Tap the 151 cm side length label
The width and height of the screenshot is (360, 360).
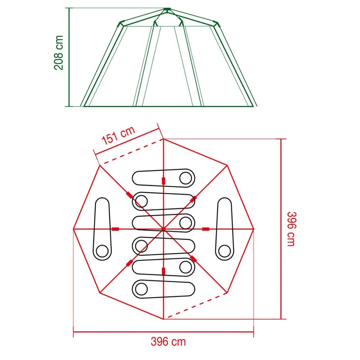coord(118,136)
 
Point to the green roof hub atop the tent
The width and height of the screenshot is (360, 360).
coord(166,9)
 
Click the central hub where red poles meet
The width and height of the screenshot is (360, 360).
coord(163,229)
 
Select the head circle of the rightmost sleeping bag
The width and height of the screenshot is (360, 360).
coord(224,249)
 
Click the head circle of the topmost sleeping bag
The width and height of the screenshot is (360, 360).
coord(186,177)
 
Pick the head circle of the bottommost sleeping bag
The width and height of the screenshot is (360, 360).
coord(141,288)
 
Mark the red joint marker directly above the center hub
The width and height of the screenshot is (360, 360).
coord(163,180)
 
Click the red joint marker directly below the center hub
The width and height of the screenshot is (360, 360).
coord(163,271)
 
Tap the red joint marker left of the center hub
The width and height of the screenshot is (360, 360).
coord(116,229)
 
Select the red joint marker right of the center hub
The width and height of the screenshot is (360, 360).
coord(206,229)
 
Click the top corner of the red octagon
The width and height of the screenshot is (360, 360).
coord(163,139)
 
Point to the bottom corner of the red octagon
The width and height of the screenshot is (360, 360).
coord(163,319)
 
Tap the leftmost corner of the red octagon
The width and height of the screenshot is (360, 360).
coord(73,229)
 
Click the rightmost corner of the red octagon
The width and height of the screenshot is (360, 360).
coord(254,229)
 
